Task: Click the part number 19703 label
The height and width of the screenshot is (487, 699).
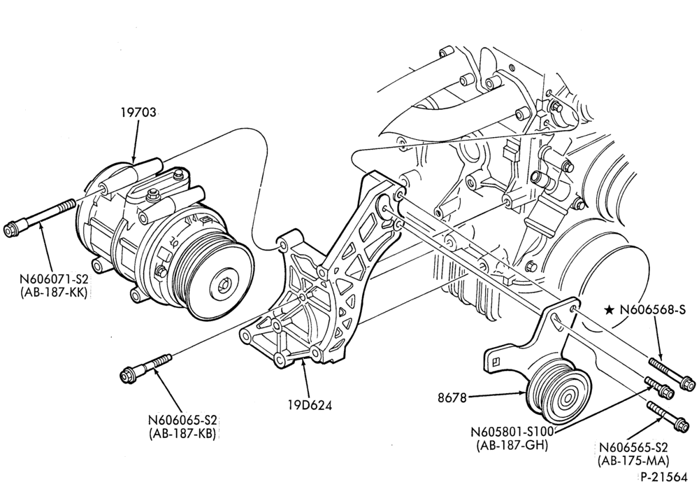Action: tap(138, 112)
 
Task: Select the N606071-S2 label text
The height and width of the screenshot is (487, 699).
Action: tap(54, 280)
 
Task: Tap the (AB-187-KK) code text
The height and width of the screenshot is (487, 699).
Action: tap(54, 293)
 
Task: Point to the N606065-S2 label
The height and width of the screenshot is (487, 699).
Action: tap(182, 421)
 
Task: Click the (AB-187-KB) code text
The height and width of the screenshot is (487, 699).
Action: tap(182, 434)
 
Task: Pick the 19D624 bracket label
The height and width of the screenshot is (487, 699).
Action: tap(310, 405)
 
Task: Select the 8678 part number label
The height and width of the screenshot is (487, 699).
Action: tap(452, 397)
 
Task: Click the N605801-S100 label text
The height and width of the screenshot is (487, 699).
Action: tap(512, 432)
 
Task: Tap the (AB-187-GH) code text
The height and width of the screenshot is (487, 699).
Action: tap(512, 445)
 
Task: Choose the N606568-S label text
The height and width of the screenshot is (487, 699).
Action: tap(652, 309)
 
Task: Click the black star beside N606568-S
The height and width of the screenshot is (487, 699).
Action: tap(610, 309)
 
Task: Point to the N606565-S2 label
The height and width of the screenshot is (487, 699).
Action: tap(634, 447)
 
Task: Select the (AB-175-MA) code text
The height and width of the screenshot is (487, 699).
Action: tap(634, 460)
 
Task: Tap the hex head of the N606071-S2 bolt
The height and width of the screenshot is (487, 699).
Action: tap(12, 230)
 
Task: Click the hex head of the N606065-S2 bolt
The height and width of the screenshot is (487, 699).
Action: tap(128, 374)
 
